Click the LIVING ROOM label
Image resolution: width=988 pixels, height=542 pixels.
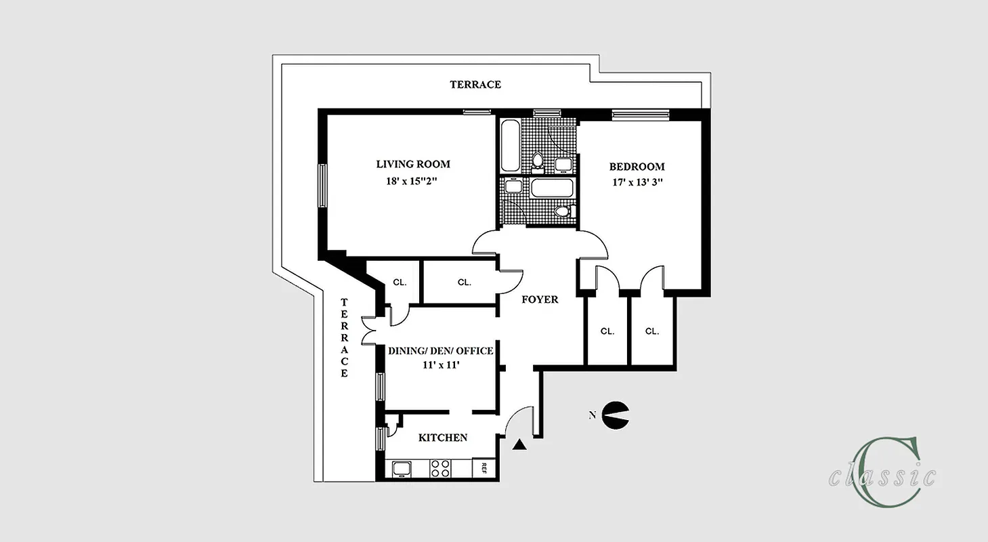tap(412, 164)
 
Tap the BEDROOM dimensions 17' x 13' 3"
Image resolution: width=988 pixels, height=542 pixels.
tap(637, 182)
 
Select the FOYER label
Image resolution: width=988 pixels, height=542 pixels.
tap(540, 299)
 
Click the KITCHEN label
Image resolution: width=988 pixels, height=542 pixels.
tap(442, 438)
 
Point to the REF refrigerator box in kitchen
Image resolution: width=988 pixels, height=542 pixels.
tap(485, 467)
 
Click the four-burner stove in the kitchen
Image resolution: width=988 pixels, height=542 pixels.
tap(441, 467)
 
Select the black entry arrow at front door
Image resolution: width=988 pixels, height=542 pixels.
tap(519, 444)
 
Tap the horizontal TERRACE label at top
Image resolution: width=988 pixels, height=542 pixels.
tap(475, 85)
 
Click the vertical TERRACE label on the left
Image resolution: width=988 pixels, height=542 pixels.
tap(344, 337)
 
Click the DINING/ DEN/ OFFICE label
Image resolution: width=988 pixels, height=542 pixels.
tap(440, 351)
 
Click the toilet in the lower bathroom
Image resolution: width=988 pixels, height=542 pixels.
tap(561, 211)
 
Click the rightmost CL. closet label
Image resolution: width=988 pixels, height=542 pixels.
tap(651, 331)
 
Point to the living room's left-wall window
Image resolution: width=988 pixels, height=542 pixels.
tap(323, 185)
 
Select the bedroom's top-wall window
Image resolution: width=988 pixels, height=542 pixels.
tap(640, 114)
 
